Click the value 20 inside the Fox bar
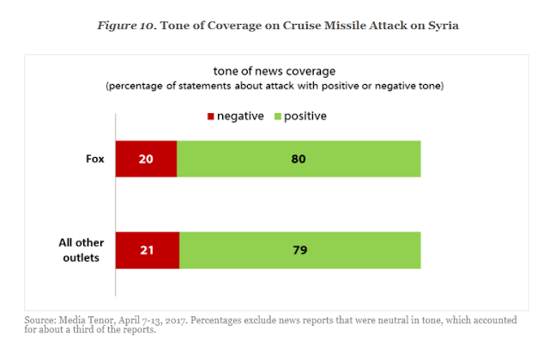pyautogui.click(x=146, y=159)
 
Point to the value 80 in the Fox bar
pyautogui.click(x=298, y=159)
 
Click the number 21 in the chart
pyautogui.click(x=147, y=250)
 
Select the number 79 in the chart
pyautogui.click(x=299, y=250)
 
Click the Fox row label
pyautogui.click(x=95, y=159)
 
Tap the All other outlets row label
pyautogui.click(x=81, y=250)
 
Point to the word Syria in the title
pyautogui.click(x=441, y=25)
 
